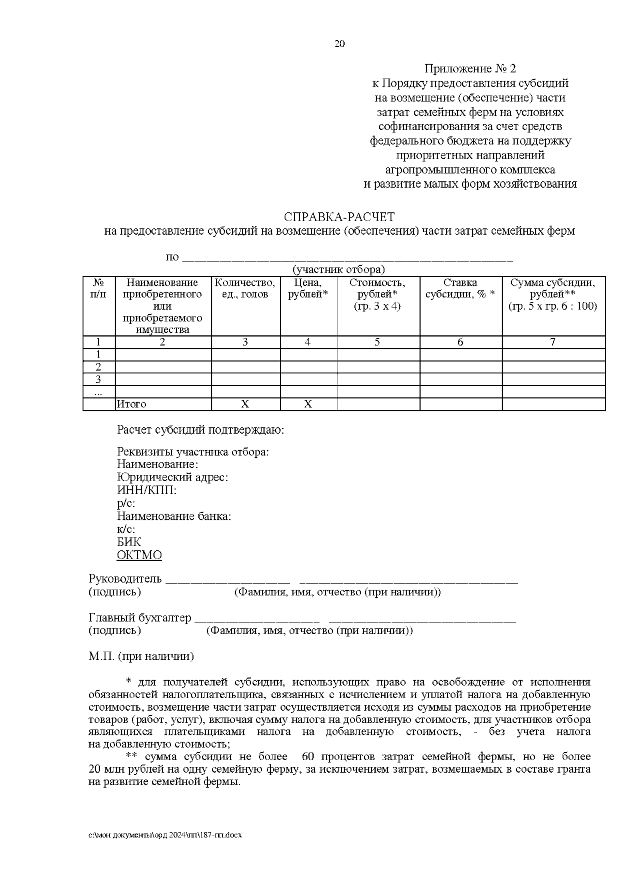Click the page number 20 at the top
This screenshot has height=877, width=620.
pyautogui.click(x=339, y=44)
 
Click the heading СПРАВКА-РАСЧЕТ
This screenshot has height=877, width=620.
pyautogui.click(x=339, y=217)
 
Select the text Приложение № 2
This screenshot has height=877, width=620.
pyautogui.click(x=470, y=69)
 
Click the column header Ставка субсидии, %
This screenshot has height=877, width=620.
pyautogui.click(x=460, y=288)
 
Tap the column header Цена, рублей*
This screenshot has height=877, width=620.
pyautogui.click(x=308, y=288)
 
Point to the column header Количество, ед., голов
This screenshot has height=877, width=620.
pyautogui.click(x=245, y=288)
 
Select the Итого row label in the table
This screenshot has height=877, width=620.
pyautogui.click(x=132, y=404)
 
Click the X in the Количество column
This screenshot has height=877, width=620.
pyautogui.click(x=245, y=404)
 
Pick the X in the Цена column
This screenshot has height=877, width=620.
pyautogui.click(x=308, y=404)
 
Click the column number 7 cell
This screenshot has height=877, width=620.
pyautogui.click(x=553, y=342)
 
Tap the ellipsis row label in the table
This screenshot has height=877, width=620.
pyautogui.click(x=98, y=392)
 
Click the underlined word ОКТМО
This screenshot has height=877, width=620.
pyautogui.click(x=139, y=556)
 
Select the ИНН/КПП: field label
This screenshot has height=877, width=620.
pyautogui.click(x=147, y=490)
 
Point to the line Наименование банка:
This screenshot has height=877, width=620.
pyautogui.click(x=174, y=516)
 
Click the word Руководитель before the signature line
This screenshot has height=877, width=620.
pyautogui.click(x=125, y=579)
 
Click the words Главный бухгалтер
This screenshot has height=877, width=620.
pyautogui.click(x=139, y=618)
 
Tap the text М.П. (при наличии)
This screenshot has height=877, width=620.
pyautogui.click(x=141, y=656)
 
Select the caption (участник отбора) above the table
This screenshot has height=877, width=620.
pyautogui.click(x=338, y=269)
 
